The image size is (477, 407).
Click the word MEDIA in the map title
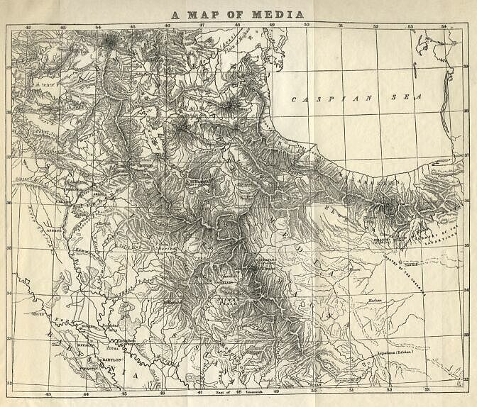(281, 13)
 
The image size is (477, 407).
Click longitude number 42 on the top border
(28, 27)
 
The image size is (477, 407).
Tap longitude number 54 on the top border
(444, 27)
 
